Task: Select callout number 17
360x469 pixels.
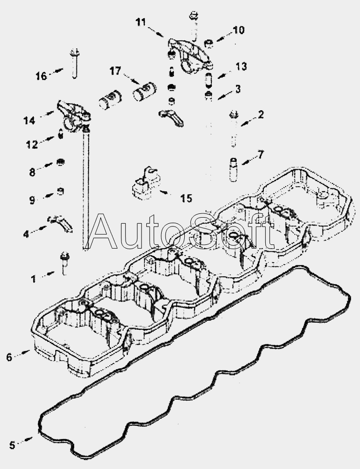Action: click(115, 71)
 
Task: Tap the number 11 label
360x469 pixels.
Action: click(142, 22)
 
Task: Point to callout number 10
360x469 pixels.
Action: click(238, 31)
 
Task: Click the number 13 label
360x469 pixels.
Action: click(241, 67)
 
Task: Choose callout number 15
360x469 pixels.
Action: click(186, 198)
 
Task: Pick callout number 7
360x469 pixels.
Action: click(261, 154)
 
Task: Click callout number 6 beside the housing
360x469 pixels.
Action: click(9, 357)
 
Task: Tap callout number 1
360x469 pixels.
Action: click(33, 279)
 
